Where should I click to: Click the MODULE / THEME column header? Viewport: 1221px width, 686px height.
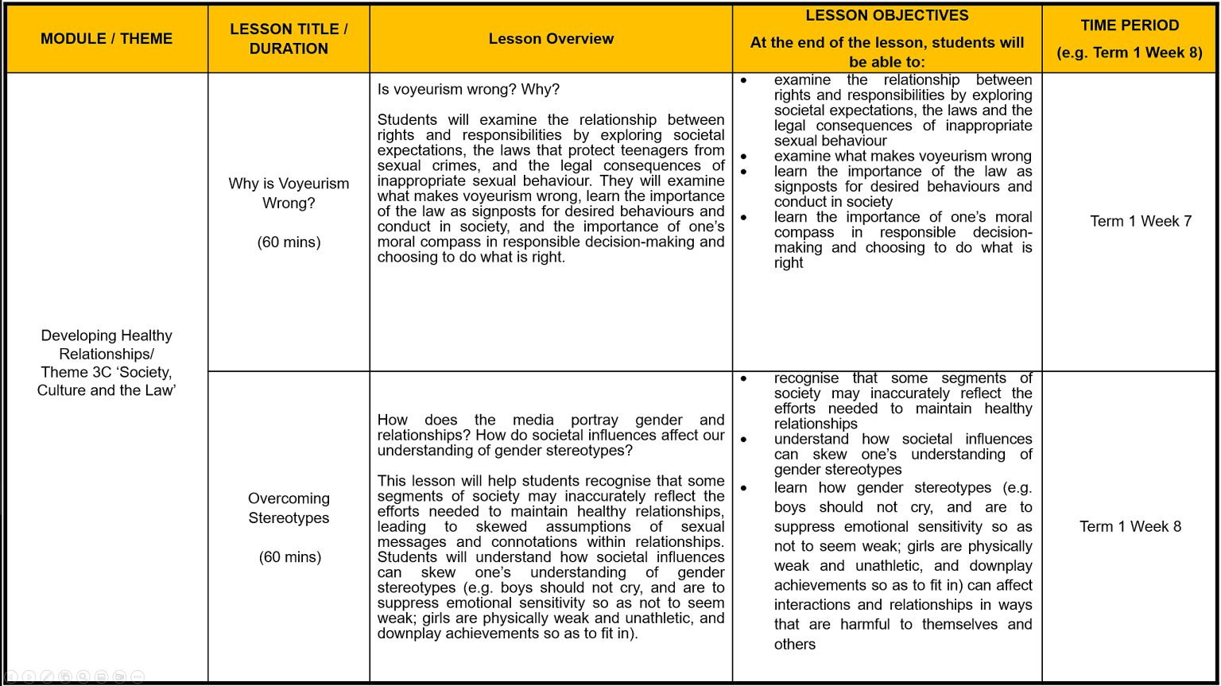[107, 39]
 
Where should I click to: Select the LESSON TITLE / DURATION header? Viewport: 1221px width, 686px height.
[289, 39]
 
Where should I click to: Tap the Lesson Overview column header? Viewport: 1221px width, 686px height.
[551, 39]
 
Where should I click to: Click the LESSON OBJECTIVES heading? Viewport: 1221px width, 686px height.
[887, 16]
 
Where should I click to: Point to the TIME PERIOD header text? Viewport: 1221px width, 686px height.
[1130, 25]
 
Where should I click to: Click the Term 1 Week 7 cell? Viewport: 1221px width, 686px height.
[1141, 221]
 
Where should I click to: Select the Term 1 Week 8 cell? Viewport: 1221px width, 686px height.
[1130, 526]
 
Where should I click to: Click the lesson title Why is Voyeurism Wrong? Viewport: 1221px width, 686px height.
[289, 193]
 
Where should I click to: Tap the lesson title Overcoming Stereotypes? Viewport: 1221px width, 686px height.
[289, 508]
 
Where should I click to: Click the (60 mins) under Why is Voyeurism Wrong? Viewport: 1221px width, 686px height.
[289, 242]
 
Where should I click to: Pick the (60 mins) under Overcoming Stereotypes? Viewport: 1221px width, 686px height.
[290, 557]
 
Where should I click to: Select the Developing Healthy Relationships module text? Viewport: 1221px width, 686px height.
[107, 344]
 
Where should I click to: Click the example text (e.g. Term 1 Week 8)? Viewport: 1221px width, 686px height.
[1130, 53]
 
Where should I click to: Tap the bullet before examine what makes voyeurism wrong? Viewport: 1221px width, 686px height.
[743, 157]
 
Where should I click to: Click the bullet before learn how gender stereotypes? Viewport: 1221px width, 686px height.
[743, 488]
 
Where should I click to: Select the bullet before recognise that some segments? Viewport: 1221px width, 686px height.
[743, 378]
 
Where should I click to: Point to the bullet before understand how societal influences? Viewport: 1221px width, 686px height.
[743, 439]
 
